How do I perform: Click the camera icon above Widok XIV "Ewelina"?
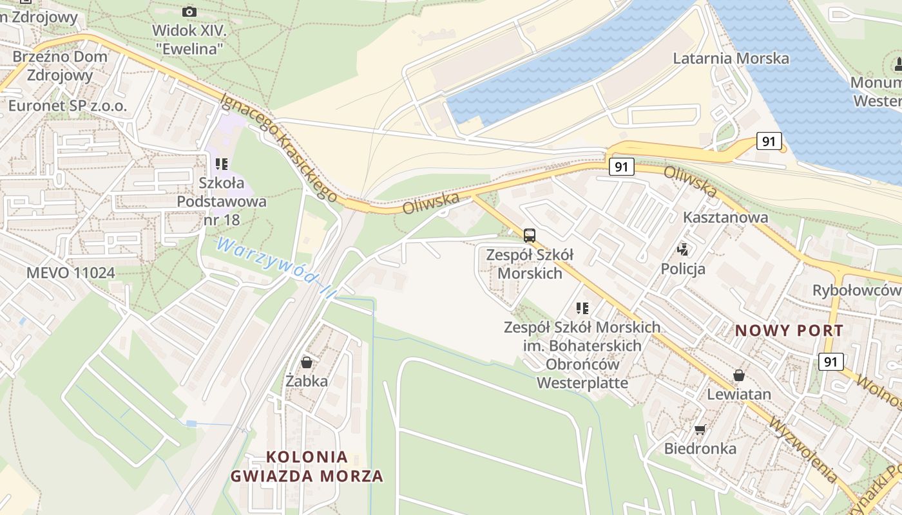pyautogui.click(x=189, y=12)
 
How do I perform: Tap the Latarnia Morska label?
pyautogui.click(x=731, y=59)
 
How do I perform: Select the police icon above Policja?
pyautogui.click(x=682, y=249)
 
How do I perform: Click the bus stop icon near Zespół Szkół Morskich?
pyautogui.click(x=529, y=235)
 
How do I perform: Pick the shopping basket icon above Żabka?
pyautogui.click(x=307, y=362)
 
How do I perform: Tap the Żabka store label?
pyautogui.click(x=307, y=381)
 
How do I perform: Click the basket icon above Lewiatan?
pyautogui.click(x=739, y=375)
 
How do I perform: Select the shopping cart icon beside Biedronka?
pyautogui.click(x=700, y=429)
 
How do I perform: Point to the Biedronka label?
pyautogui.click(x=700, y=448)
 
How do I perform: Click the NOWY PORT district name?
pyautogui.click(x=789, y=331)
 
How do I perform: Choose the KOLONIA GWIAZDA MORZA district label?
pyautogui.click(x=307, y=467)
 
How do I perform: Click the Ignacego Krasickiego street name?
pyautogui.click(x=279, y=147)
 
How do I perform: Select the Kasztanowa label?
pyautogui.click(x=725, y=217)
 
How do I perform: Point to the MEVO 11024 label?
pyautogui.click(x=71, y=272)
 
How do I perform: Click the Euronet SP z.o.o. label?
pyautogui.click(x=68, y=106)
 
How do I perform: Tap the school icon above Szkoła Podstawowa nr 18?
pyautogui.click(x=222, y=164)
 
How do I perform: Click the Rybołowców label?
pyautogui.click(x=856, y=290)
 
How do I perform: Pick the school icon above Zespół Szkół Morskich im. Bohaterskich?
pyautogui.click(x=582, y=308)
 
